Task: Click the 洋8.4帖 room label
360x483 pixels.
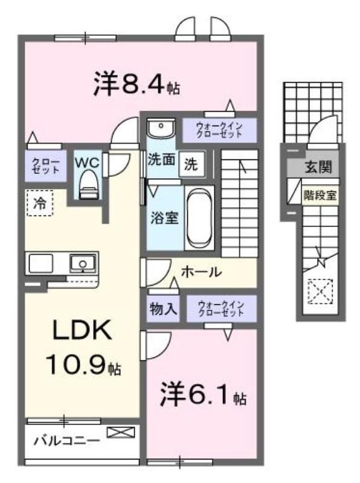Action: pyautogui.click(x=137, y=83)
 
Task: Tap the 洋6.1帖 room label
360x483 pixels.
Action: pyautogui.click(x=203, y=394)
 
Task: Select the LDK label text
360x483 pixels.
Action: pyautogui.click(x=82, y=330)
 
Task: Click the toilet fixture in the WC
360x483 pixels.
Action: pyautogui.click(x=89, y=185)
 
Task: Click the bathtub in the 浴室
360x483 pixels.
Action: pyautogui.click(x=201, y=218)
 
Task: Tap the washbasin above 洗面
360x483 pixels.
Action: pyautogui.click(x=161, y=129)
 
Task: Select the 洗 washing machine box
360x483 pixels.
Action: pyautogui.click(x=192, y=164)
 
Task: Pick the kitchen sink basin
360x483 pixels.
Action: pyautogui.click(x=83, y=263)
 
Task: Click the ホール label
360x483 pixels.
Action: pyautogui.click(x=201, y=272)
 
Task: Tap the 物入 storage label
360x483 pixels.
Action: pyautogui.click(x=163, y=309)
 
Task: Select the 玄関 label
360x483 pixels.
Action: pyautogui.click(x=318, y=167)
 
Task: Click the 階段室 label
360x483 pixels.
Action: pyautogui.click(x=320, y=195)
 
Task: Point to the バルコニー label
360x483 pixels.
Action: pyautogui.click(x=66, y=441)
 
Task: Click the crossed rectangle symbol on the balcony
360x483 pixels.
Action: pyautogui.click(x=121, y=432)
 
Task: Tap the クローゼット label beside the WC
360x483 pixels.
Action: pyautogui.click(x=46, y=165)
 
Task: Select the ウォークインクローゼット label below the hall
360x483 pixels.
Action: pyautogui.click(x=221, y=309)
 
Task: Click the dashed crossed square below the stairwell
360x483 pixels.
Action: pyautogui.click(x=321, y=291)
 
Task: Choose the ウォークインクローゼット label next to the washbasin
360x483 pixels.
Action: pyautogui.click(x=219, y=130)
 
